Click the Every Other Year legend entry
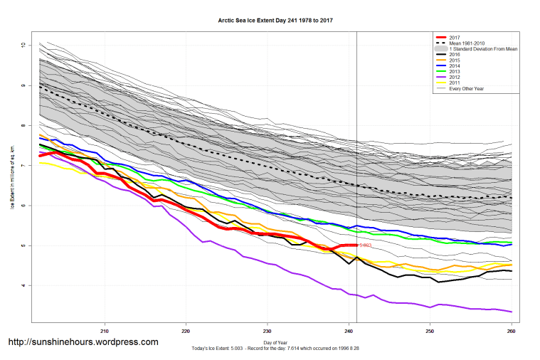(x=470, y=88)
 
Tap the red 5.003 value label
(x=365, y=245)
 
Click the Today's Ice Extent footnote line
(x=272, y=349)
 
